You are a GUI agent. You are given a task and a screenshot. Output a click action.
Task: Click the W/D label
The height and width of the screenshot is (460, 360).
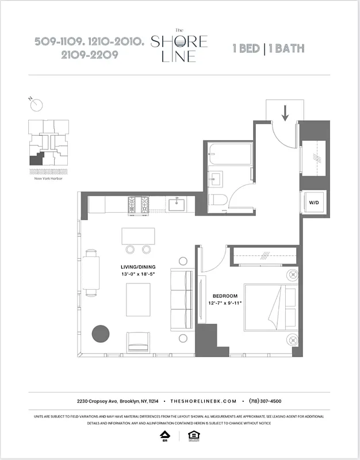pos(314,203)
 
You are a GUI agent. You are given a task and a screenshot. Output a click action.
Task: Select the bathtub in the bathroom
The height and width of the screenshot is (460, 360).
pos(229,154)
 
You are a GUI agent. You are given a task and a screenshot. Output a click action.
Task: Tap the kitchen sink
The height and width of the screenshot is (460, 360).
pos(175,203)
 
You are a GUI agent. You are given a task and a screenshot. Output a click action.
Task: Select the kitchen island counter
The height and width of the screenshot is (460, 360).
pos(138,236)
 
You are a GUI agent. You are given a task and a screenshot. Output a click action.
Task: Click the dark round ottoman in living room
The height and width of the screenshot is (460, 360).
pos(101,333)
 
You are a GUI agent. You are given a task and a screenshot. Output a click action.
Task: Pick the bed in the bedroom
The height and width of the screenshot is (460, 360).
pos(270,306)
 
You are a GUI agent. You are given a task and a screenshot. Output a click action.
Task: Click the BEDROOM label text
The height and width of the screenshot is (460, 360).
pos(225,296)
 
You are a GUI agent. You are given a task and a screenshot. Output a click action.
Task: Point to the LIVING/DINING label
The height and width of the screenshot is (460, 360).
pos(138,267)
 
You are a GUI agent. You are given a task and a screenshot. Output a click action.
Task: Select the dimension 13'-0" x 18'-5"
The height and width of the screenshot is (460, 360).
pos(138,275)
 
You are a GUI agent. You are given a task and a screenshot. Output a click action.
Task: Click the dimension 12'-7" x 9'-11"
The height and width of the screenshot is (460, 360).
pos(225,303)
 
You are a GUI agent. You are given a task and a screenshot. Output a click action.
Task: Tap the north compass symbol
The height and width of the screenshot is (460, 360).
pos(37,105)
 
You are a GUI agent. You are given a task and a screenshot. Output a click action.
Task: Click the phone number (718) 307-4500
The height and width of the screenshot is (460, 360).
pos(265,401)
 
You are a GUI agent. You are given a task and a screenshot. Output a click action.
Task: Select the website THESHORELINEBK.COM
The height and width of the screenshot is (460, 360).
pos(204,401)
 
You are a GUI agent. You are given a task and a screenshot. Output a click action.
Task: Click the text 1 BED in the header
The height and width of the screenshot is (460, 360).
pos(246,48)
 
